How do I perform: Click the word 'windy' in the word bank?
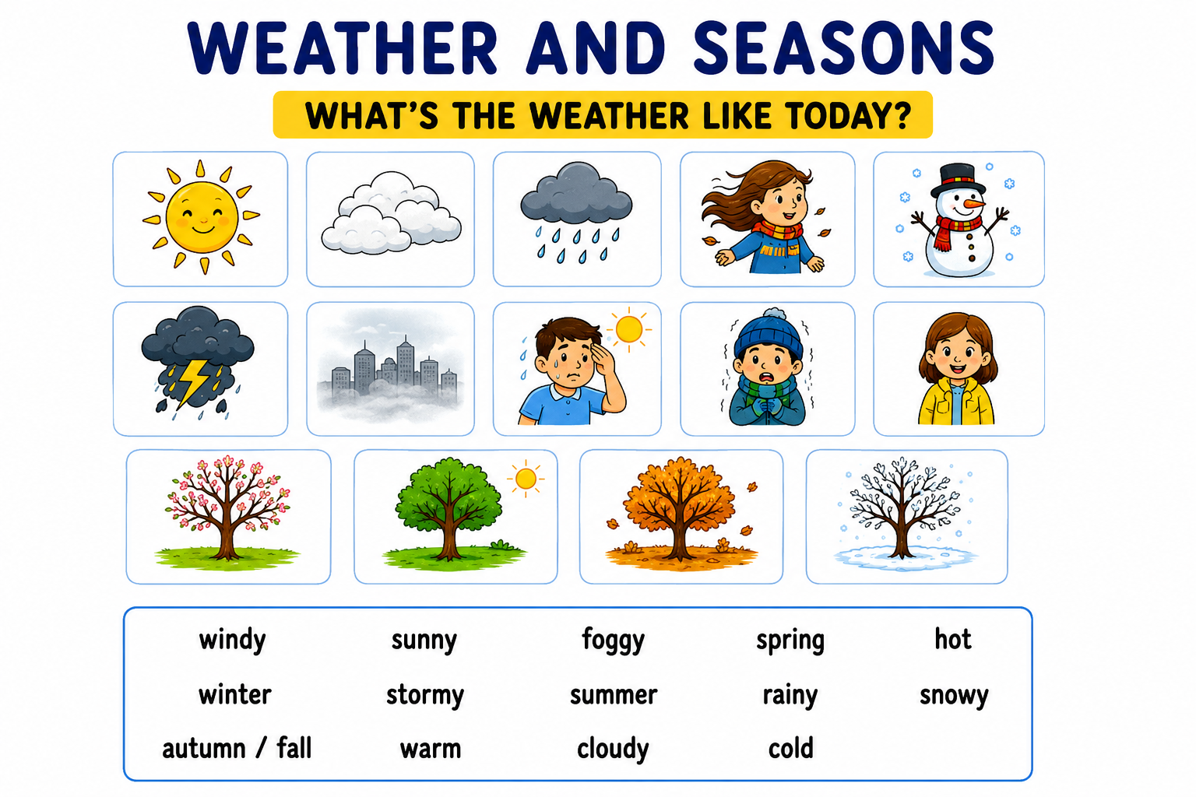point(232,641)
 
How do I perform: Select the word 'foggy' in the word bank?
point(614,641)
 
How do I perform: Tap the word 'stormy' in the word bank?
point(425,696)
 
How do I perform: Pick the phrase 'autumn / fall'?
point(237,748)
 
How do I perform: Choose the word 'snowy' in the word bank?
point(954,696)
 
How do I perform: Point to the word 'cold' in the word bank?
point(791,748)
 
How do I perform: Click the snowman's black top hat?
point(958,179)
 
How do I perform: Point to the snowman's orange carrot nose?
point(975,205)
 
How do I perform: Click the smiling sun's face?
point(202,216)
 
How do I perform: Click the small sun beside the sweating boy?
point(628,329)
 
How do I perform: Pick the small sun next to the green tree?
point(526,479)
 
